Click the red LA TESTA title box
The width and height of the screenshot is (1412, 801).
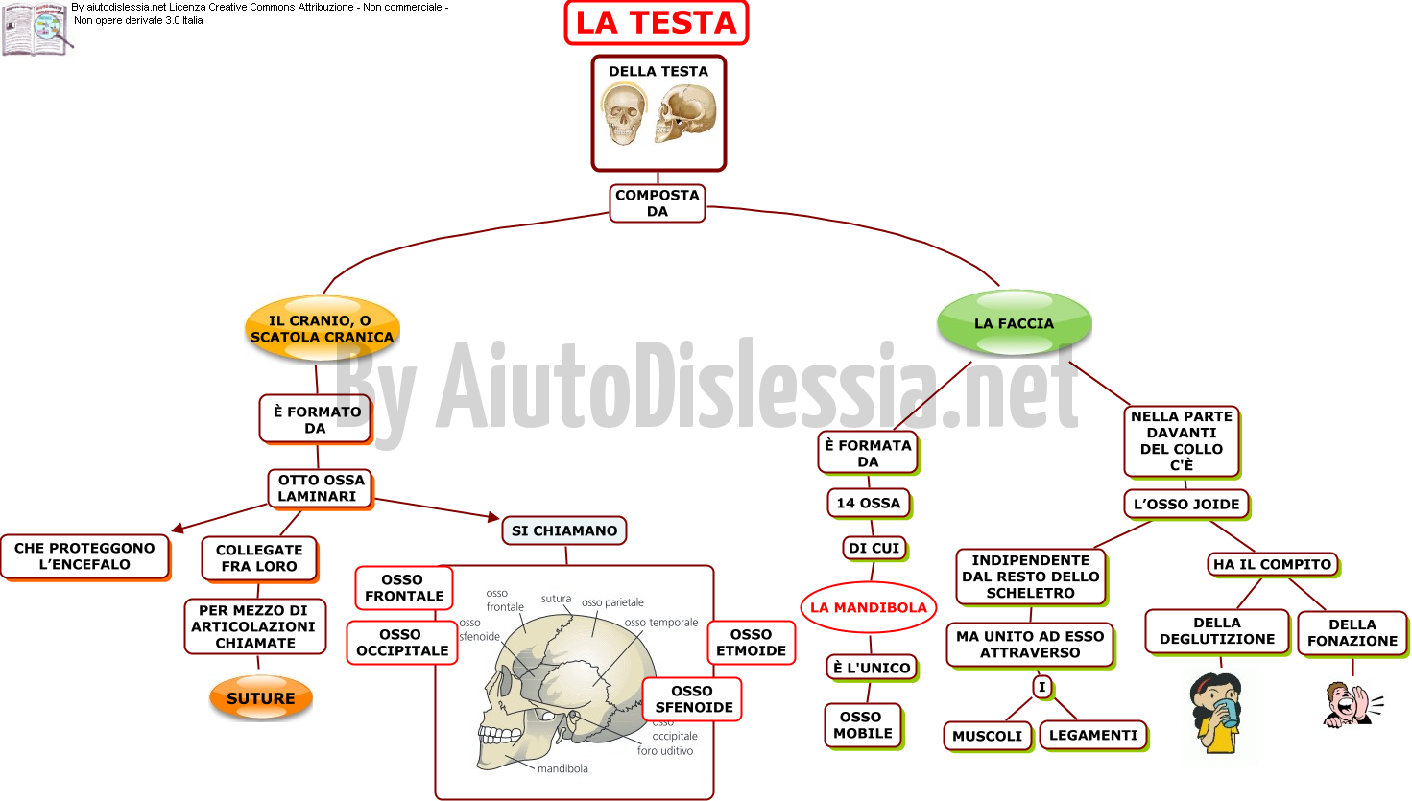657,23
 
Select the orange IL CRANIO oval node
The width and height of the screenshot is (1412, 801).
323,328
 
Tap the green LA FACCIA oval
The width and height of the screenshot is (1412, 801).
1015,322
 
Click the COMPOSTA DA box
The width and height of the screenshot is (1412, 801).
657,202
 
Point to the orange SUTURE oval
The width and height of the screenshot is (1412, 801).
261,697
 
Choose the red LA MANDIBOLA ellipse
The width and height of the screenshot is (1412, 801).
869,607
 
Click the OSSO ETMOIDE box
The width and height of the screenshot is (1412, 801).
751,643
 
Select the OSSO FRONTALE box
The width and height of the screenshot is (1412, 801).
404,587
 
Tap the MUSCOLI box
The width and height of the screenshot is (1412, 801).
988,736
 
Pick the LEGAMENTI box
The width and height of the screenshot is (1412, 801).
1093,735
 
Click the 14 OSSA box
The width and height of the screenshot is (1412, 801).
869,504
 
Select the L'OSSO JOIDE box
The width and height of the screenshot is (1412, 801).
1186,504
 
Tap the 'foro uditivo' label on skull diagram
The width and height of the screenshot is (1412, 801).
665,750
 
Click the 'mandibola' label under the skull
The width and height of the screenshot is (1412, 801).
562,768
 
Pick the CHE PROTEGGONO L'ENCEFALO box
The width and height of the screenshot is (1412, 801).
85,556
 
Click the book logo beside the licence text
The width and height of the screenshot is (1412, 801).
36,29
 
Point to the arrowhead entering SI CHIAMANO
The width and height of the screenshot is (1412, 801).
493,517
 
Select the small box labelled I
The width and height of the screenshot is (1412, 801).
1042,687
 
